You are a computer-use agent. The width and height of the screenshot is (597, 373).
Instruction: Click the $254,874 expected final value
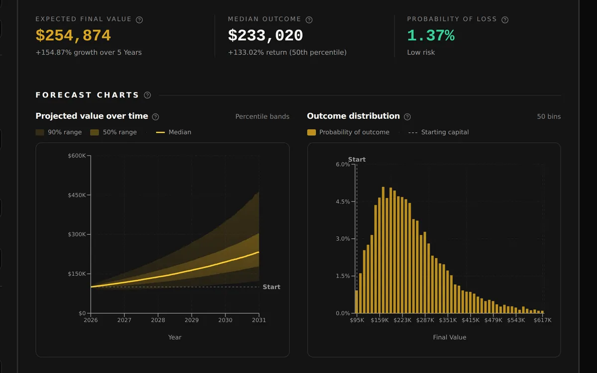(x=73, y=35)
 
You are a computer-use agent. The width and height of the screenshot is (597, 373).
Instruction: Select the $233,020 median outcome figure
(x=266, y=35)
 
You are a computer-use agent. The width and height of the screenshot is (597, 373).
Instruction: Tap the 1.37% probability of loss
(x=431, y=35)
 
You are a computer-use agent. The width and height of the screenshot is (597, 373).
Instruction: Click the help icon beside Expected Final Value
(x=139, y=20)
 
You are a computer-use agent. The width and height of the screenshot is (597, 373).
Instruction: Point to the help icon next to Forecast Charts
(x=147, y=95)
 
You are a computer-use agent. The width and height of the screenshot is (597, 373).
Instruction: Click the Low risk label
(x=421, y=52)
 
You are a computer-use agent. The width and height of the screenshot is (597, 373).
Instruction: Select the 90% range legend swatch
(x=40, y=132)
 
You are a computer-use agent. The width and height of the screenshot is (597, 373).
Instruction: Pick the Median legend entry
(x=174, y=132)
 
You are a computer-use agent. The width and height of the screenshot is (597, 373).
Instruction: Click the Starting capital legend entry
(x=438, y=132)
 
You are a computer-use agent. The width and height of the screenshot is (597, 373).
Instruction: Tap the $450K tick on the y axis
(x=77, y=195)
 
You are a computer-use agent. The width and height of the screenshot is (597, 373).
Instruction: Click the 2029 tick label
(x=192, y=320)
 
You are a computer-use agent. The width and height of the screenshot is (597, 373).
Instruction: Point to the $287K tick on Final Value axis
(x=425, y=320)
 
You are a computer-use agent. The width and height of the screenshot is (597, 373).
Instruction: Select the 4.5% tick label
(x=343, y=202)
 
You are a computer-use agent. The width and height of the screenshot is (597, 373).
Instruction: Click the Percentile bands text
(x=262, y=116)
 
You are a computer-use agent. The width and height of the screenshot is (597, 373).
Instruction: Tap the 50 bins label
(x=549, y=116)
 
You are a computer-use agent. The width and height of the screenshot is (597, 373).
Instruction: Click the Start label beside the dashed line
(x=271, y=287)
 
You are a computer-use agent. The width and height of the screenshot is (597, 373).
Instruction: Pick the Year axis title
(x=175, y=337)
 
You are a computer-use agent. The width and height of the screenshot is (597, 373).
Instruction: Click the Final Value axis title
(x=450, y=337)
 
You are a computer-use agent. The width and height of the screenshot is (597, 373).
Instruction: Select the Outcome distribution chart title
(x=353, y=116)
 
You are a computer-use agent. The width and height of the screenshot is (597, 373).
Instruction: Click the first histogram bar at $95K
(x=356, y=301)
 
